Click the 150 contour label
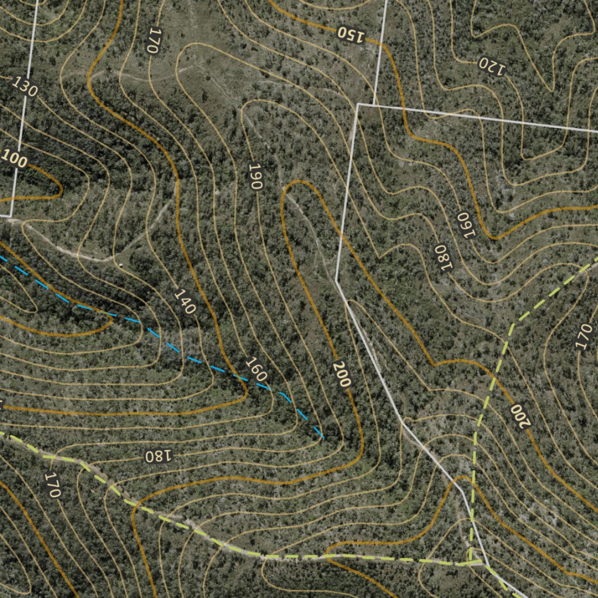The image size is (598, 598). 350,34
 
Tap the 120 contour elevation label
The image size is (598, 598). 492,66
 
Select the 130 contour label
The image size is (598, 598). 25,87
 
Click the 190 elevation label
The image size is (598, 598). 255,176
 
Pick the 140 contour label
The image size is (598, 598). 185,301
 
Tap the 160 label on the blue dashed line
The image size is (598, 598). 256,369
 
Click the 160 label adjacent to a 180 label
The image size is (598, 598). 467,225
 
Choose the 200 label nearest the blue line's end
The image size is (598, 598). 342,374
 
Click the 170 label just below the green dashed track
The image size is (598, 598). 53,485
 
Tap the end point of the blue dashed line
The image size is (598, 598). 323,437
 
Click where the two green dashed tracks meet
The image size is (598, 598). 470,564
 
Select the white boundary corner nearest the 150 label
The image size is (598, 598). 357,105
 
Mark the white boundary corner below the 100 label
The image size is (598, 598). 11,217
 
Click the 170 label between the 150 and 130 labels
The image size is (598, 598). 153,41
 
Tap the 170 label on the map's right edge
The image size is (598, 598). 583,337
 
